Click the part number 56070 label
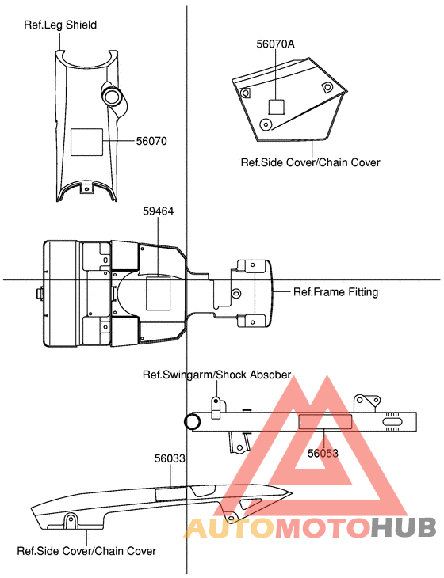pyautogui.click(x=151, y=141)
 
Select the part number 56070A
pyautogui.click(x=275, y=44)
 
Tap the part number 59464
pyautogui.click(x=159, y=211)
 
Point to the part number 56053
pyautogui.click(x=323, y=454)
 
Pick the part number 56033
pyautogui.click(x=170, y=458)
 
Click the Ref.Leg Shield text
pyautogui.click(x=60, y=25)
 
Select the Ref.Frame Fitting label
pyautogui.click(x=335, y=292)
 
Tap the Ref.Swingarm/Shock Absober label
pyautogui.click(x=216, y=375)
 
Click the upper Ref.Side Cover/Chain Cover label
pyautogui.click(x=310, y=162)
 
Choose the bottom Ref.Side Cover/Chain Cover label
pyautogui.click(x=86, y=550)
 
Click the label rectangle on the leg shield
pyautogui.click(x=88, y=142)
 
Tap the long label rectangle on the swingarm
pyautogui.click(x=324, y=420)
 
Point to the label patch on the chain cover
pyautogui.click(x=170, y=494)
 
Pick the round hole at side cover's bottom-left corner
pyautogui.click(x=265, y=124)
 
